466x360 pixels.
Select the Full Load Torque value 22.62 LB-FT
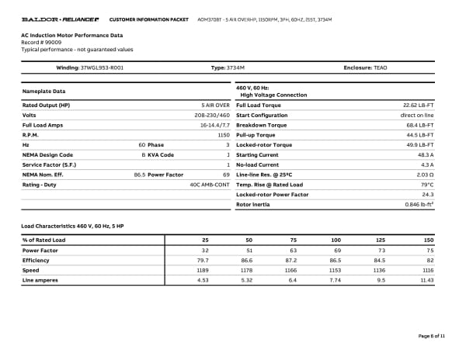pyautogui.click(x=417, y=105)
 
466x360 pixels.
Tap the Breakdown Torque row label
pyautogui.click(x=261, y=125)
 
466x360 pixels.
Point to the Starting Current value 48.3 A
pyautogui.click(x=425, y=155)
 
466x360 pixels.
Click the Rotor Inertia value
pyautogui.click(x=419, y=205)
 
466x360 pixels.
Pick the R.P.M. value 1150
pyautogui.click(x=223, y=135)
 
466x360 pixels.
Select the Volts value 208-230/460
pyautogui.click(x=212, y=115)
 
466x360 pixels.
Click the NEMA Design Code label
pyautogui.click(x=48, y=155)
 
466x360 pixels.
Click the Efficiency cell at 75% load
pyautogui.click(x=293, y=261)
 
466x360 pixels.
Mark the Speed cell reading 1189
pyautogui.click(x=203, y=270)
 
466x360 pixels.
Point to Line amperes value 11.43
pyautogui.click(x=425, y=280)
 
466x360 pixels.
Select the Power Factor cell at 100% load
pyautogui.click(x=337, y=251)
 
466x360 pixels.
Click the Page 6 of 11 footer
pyautogui.click(x=431, y=335)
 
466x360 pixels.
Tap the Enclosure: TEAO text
pyautogui.click(x=365, y=68)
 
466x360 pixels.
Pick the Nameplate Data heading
pyautogui.click(x=45, y=91)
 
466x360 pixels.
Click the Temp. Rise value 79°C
pyautogui.click(x=426, y=185)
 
